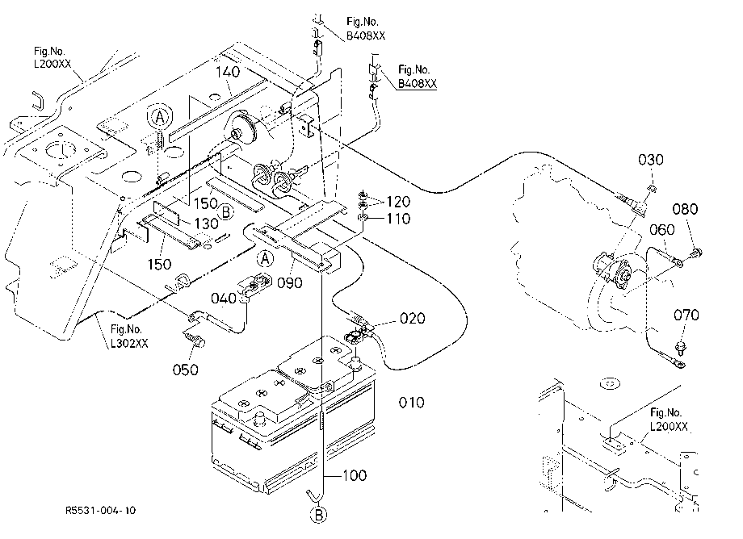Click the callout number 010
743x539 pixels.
[411, 403]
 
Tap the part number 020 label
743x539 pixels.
[412, 318]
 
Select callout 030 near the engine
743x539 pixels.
[650, 160]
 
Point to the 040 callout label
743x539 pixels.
[223, 298]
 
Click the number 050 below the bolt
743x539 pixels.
[185, 370]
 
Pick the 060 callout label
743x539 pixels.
[661, 229]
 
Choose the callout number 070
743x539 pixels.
[686, 315]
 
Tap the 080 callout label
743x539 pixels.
[685, 209]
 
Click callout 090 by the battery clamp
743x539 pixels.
[289, 282]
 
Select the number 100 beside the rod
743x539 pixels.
[354, 475]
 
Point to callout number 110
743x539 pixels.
[398, 219]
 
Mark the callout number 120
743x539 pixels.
[398, 202]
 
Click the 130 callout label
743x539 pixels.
[206, 223]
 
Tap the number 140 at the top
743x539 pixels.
[228, 72]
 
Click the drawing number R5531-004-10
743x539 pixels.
[100, 510]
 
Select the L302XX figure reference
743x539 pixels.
[129, 344]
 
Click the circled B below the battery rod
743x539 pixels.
[318, 515]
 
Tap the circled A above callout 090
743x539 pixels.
[266, 258]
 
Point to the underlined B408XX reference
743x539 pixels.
[417, 84]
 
